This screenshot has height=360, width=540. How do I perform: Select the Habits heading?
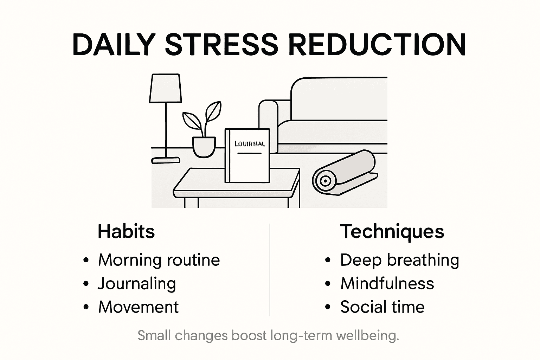click(126, 231)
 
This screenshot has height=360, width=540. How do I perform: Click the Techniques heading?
click(392, 231)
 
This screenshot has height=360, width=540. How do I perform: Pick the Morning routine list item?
click(159, 260)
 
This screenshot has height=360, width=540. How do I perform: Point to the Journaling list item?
click(137, 284)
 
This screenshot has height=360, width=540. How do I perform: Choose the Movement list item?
click(139, 307)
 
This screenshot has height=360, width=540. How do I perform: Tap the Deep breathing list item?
click(399, 260)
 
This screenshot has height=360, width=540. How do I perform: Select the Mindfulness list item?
click(387, 284)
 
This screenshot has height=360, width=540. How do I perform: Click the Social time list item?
click(382, 307)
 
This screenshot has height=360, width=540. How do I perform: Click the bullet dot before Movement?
click(86, 307)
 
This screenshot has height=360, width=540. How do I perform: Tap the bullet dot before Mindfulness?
click(328, 284)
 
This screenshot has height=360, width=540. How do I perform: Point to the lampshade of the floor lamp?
click(165, 88)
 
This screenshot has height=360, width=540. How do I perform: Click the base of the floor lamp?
click(166, 160)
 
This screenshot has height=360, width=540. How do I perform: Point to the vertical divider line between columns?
click(270, 270)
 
